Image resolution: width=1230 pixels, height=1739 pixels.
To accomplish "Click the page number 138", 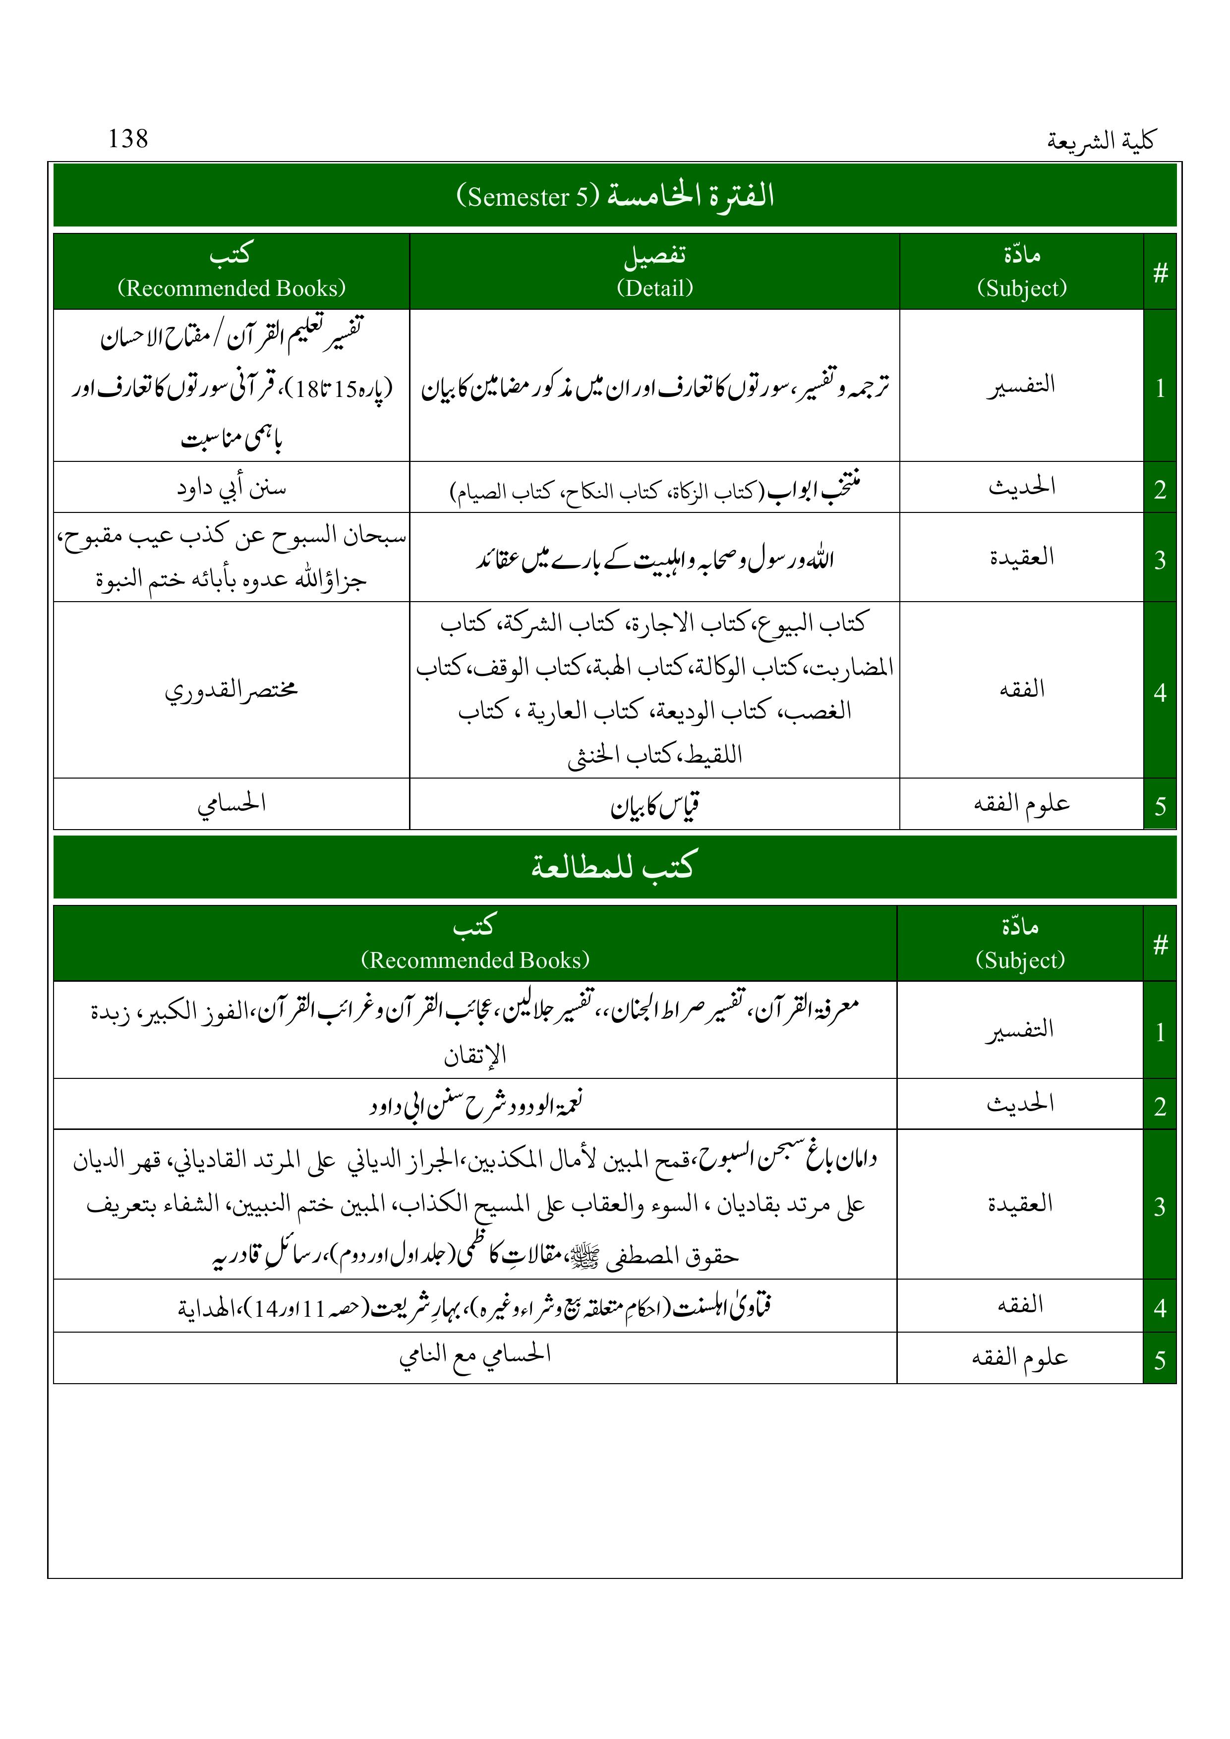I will [128, 139].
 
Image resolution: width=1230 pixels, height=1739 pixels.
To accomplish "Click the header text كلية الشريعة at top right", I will [1101, 141].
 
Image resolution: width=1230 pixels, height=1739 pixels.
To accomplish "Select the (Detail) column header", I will [655, 288].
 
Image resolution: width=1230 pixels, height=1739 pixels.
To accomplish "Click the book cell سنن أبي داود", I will [232, 488].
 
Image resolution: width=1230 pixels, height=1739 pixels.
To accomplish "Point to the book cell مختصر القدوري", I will [232, 690].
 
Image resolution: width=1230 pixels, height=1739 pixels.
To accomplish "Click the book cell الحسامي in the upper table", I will [232, 804].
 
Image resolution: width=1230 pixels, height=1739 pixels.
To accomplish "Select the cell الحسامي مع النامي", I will [475, 1356].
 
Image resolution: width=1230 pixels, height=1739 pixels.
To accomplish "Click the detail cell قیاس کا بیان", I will [655, 806].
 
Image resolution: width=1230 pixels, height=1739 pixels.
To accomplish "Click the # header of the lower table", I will [1160, 944].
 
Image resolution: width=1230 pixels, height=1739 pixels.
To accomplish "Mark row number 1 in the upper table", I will [1160, 388].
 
